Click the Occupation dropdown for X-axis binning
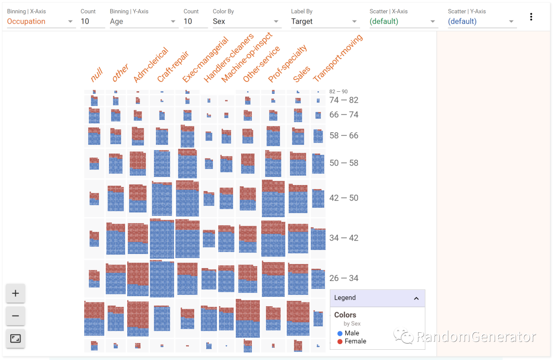(40, 22)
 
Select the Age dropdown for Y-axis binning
(143, 22)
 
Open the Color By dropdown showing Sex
(246, 22)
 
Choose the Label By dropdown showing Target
(325, 22)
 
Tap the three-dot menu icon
(531, 17)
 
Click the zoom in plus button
(15, 293)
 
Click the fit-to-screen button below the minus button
(15, 338)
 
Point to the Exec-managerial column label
(205, 62)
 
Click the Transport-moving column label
(337, 58)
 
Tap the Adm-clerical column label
(150, 65)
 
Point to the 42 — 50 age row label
(344, 198)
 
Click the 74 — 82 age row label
(344, 101)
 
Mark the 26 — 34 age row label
(344, 278)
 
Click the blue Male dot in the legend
(340, 333)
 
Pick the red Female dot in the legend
(340, 342)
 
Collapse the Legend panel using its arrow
(416, 298)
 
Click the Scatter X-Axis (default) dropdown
(403, 22)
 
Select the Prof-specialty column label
(287, 64)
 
